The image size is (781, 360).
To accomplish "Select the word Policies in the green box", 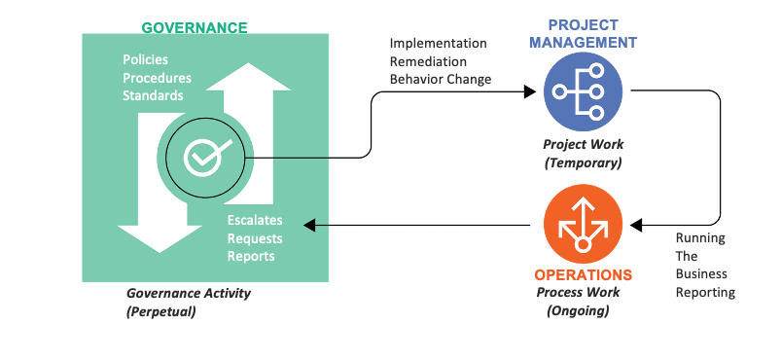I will [145, 60].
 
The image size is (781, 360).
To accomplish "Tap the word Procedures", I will [157, 78].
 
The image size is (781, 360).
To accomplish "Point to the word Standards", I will [152, 95].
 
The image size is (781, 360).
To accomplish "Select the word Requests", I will [255, 238].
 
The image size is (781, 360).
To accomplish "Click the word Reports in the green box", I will [251, 256].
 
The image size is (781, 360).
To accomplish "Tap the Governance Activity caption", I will [189, 292].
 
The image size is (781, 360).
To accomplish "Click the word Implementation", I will [438, 44].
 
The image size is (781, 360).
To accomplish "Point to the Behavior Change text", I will [441, 79].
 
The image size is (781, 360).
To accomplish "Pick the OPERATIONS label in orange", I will [584, 275].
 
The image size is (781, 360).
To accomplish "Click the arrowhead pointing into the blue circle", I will [530, 91].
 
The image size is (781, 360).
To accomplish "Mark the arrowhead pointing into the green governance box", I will [309, 225].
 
